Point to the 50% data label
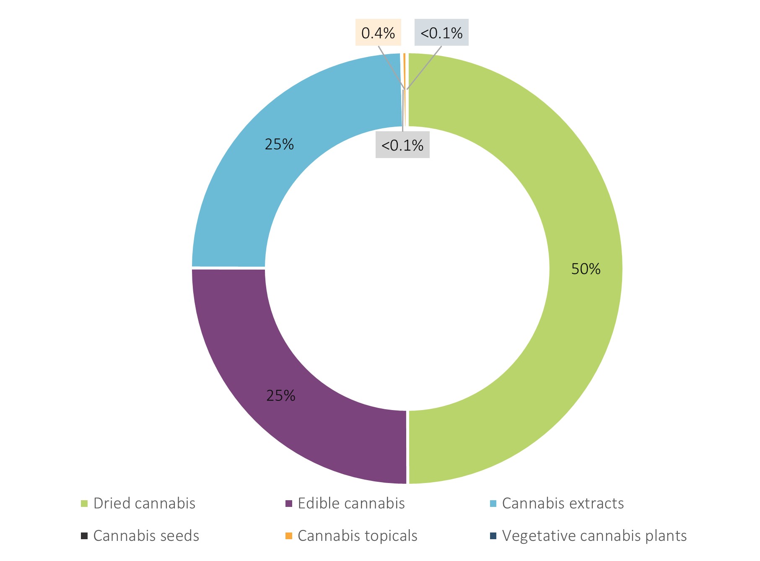[x=586, y=269]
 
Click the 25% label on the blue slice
[x=279, y=145]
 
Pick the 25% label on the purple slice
[x=281, y=395]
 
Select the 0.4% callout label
[x=378, y=33]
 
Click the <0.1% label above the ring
[x=441, y=33]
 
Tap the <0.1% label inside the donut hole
[x=402, y=145]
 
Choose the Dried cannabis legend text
[x=144, y=503]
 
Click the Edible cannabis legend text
[x=351, y=503]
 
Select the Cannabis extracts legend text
[x=563, y=503]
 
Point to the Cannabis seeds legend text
[x=146, y=536]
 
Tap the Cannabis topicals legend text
[x=357, y=536]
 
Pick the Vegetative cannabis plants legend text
[x=594, y=536]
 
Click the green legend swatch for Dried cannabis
[x=84, y=503]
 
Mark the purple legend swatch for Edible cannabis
[x=288, y=503]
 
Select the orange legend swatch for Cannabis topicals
[x=288, y=536]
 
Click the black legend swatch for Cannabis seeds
[x=84, y=536]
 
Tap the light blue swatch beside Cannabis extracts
[x=493, y=503]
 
